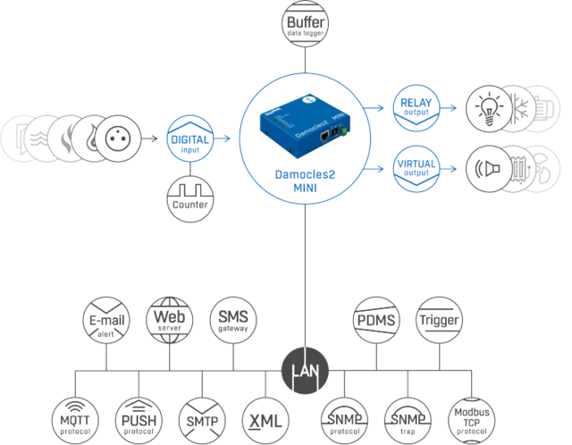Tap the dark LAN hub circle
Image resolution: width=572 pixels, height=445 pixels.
pyautogui.click(x=304, y=369)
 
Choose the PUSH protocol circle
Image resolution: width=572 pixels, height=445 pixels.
pyautogui.click(x=139, y=416)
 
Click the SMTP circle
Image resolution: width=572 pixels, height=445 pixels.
pyautogui.click(x=202, y=416)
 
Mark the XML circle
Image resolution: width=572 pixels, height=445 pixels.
pyautogui.click(x=265, y=416)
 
